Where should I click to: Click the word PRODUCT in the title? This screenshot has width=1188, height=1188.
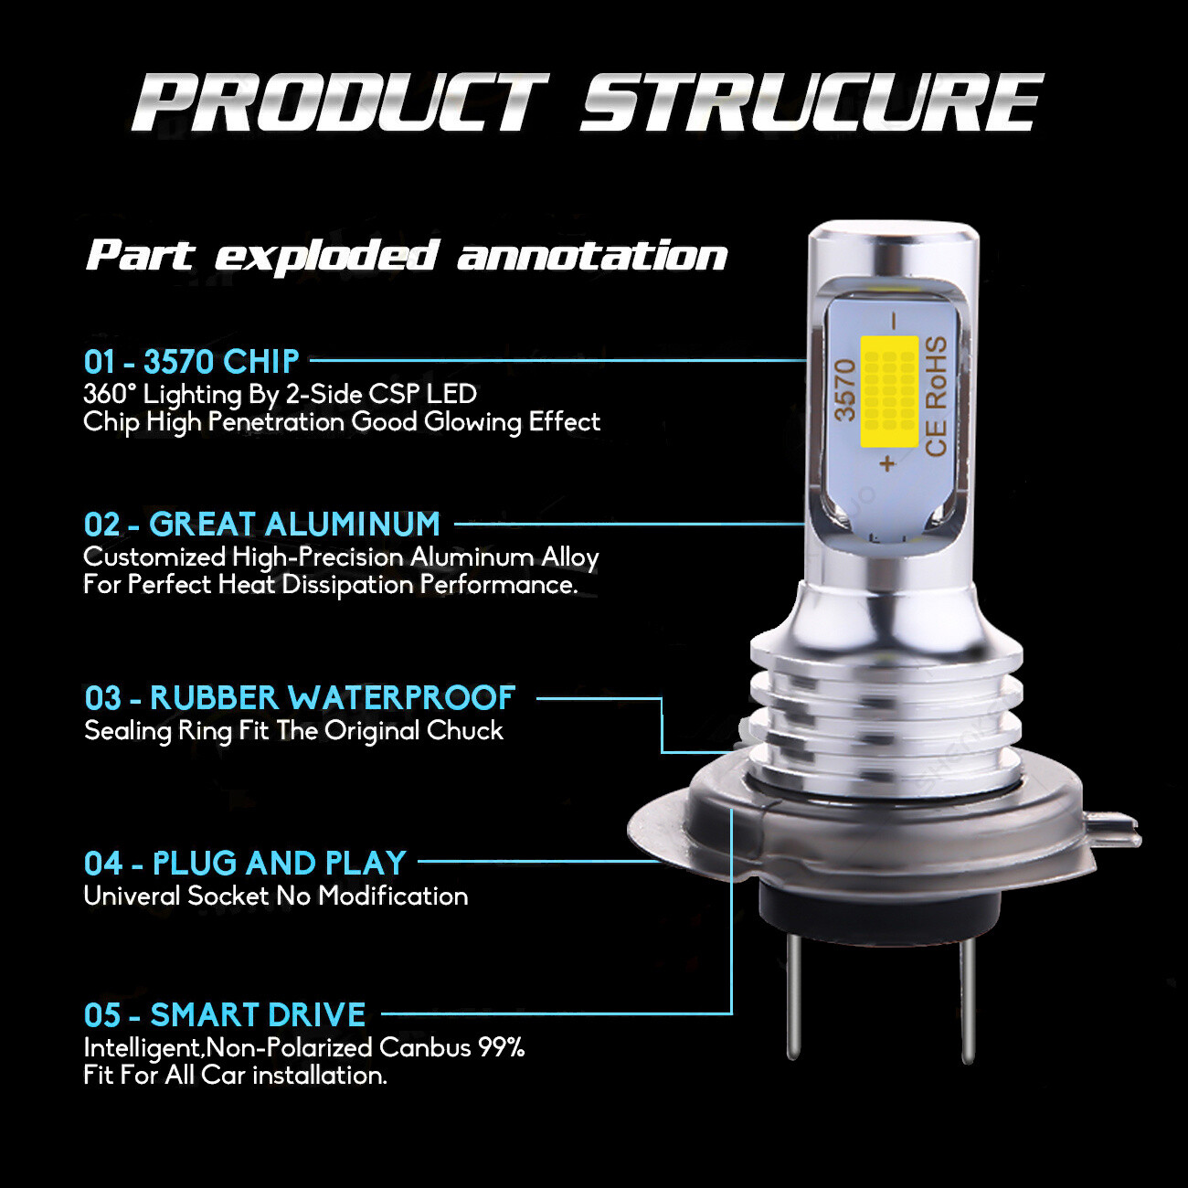pos(340,102)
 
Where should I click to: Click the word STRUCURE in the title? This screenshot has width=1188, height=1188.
pos(811,102)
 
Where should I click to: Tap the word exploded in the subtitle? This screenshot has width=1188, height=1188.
pos(326,256)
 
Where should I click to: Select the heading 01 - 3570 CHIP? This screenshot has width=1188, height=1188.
pos(191,362)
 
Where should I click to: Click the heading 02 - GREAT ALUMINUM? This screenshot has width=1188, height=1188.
pos(261,525)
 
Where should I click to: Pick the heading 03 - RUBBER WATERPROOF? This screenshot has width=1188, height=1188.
pos(300,698)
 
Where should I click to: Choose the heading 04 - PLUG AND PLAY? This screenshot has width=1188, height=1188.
pos(245,863)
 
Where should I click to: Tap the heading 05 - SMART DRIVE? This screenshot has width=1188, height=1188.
pos(225,1015)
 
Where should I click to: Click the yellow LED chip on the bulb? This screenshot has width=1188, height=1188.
pos(889,391)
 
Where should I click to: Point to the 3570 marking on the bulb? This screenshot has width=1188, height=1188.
pos(845,389)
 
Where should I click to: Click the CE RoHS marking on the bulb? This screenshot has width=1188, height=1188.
pos(936,396)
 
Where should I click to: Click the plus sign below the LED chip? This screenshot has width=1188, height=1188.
pos(887,463)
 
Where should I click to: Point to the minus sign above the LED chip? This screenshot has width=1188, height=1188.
pos(895,321)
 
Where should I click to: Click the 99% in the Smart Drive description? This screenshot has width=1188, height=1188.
pos(502,1047)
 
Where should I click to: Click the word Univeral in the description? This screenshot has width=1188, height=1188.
pos(132,896)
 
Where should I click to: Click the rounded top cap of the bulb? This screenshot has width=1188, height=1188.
pos(893,239)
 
